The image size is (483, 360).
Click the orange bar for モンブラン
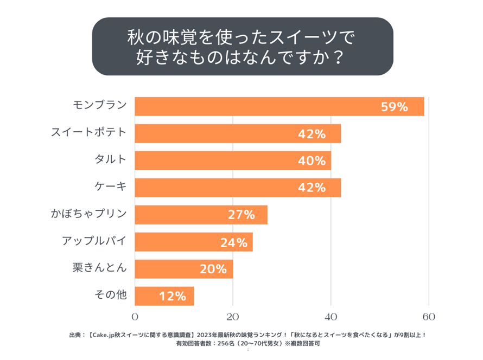[x=279, y=106]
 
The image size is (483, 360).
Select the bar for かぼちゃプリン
[x=201, y=215]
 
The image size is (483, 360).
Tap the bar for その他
[x=164, y=296]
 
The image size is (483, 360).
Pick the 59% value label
[x=394, y=107]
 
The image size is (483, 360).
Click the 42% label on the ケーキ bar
[x=312, y=188]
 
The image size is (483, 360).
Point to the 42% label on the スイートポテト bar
[x=312, y=134]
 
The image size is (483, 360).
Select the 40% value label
[x=312, y=161]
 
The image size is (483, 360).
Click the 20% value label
[x=214, y=269]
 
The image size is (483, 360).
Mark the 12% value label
[x=173, y=297]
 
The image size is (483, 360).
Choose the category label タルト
[x=110, y=159]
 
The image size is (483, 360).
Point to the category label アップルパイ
[x=94, y=240]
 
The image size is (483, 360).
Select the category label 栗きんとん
[x=99, y=267]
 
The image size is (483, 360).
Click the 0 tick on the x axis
[x=135, y=317]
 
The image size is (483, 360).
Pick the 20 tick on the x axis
[x=233, y=317]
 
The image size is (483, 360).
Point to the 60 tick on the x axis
[x=429, y=317]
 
